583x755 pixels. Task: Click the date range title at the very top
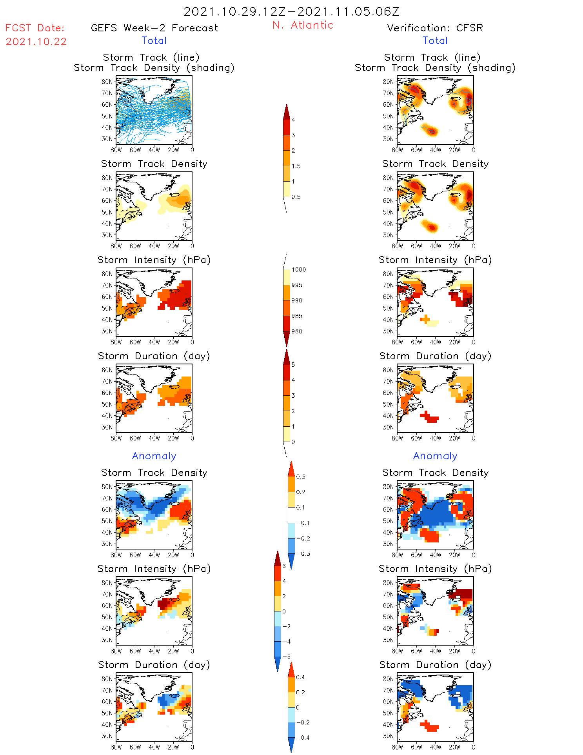click(291, 12)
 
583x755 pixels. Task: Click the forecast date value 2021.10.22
click(36, 42)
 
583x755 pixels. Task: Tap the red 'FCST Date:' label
click(35, 28)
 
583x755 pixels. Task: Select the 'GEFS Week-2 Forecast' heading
click(154, 28)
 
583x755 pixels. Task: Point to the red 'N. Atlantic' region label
click(303, 25)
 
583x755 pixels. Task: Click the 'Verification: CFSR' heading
click(435, 28)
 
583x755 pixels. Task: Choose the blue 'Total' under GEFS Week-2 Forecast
click(154, 40)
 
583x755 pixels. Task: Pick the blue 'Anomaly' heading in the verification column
click(435, 456)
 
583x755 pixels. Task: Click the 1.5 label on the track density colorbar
click(296, 166)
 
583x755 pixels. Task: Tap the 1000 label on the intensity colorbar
click(298, 269)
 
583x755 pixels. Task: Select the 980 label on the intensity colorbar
click(297, 331)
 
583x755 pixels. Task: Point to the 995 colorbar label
click(297, 285)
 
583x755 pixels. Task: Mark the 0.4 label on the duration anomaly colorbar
click(300, 677)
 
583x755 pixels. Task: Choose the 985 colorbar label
click(297, 316)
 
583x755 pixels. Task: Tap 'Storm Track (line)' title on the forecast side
click(151, 57)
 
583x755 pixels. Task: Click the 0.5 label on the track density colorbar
click(296, 197)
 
